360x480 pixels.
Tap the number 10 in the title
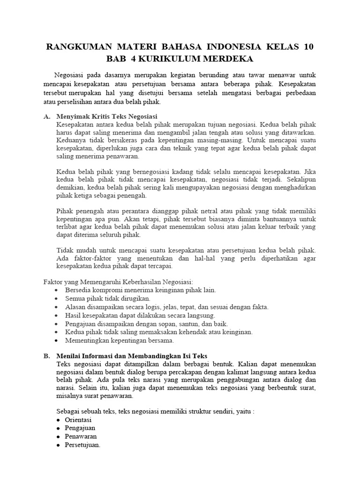308,47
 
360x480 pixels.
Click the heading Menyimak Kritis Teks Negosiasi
107,116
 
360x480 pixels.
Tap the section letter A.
46,116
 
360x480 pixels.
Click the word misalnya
72,395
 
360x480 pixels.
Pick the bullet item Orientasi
78,420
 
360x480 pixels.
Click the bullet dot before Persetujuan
58,445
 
